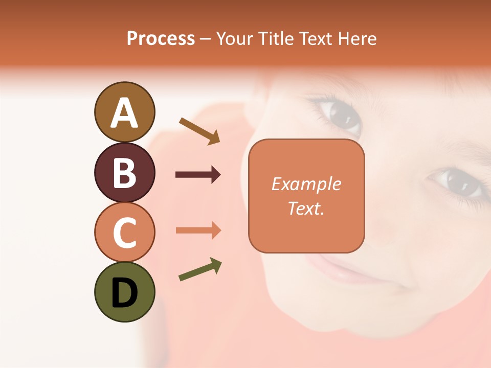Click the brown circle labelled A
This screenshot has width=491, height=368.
[x=124, y=112]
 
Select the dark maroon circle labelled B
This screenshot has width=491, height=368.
[x=124, y=172]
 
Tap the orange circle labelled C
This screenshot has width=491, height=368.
[x=124, y=232]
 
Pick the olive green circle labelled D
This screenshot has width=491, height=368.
[x=124, y=292]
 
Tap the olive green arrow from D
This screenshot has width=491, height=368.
[x=200, y=269]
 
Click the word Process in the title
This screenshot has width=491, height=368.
[x=161, y=39]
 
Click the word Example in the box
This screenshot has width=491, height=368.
[x=306, y=184]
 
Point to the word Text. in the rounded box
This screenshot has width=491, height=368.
[x=306, y=208]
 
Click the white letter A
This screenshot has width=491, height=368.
[x=124, y=113]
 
